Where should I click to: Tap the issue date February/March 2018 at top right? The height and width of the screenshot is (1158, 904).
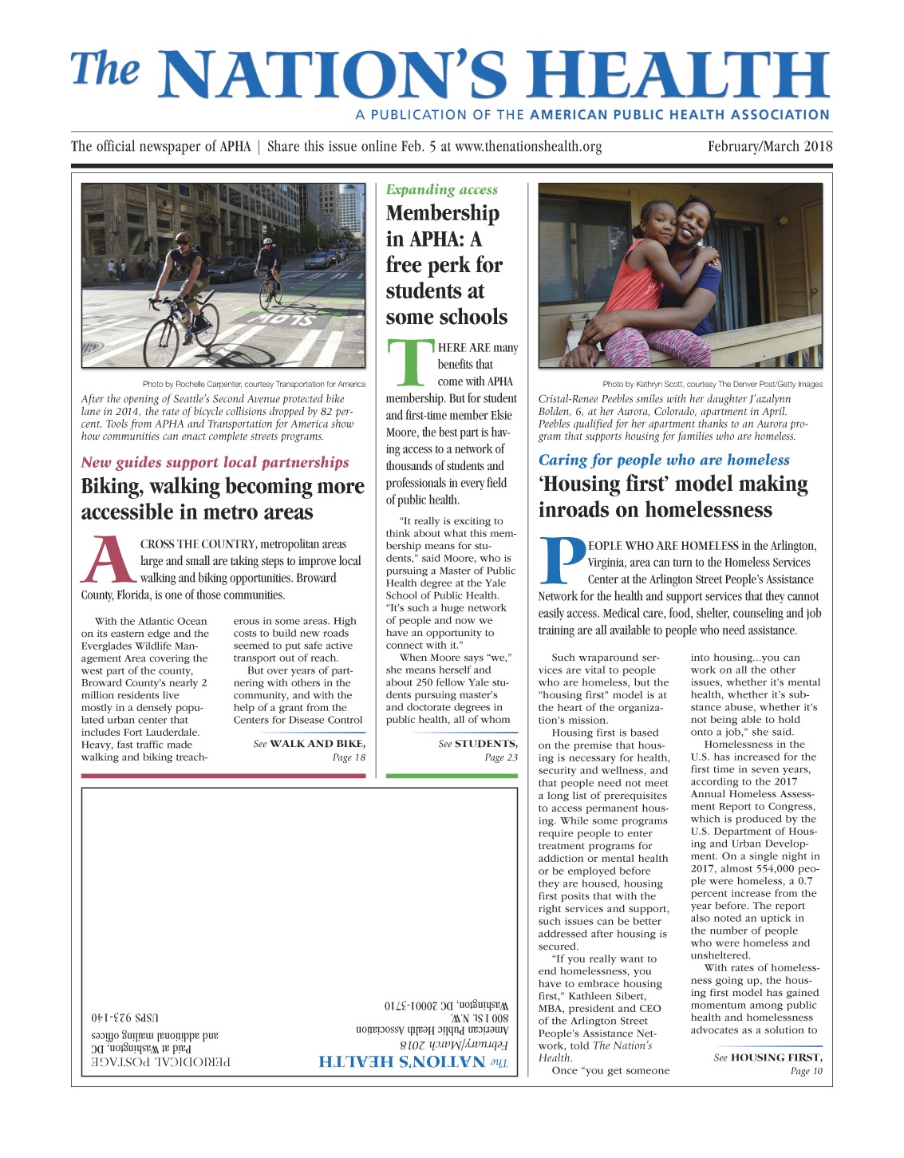click(x=769, y=147)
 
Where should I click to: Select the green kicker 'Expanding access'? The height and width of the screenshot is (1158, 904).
click(x=441, y=190)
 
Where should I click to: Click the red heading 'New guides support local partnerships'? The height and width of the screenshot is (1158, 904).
click(x=215, y=463)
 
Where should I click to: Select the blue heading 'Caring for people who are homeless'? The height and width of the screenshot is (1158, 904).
click(x=664, y=460)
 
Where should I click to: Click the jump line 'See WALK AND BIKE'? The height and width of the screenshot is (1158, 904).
click(x=309, y=744)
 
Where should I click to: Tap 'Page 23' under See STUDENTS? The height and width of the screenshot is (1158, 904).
click(x=500, y=757)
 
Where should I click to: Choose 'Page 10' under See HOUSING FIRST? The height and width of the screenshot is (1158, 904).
click(x=805, y=1071)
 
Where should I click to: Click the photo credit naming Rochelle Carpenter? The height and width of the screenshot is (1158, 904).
click(x=254, y=385)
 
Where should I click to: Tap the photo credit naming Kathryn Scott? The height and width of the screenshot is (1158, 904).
click(x=712, y=385)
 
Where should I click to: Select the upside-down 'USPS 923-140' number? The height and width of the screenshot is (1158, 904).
click(x=124, y=1018)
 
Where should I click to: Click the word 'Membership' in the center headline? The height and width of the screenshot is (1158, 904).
click(x=442, y=214)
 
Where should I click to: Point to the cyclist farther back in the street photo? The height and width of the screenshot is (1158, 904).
click(x=268, y=263)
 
